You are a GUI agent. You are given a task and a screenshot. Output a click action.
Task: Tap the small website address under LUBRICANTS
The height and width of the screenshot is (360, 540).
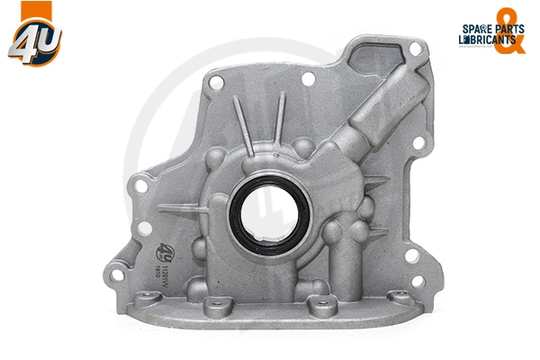pyautogui.click(x=473, y=51)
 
